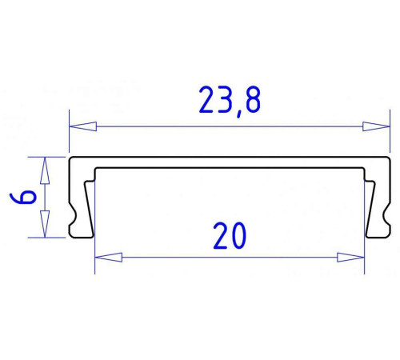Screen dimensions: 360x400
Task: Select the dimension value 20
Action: tap(230, 236)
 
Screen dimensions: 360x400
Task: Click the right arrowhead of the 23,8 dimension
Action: tap(375, 126)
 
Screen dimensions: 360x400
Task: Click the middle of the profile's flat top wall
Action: tap(229, 162)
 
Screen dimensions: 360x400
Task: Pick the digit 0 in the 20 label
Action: tap(241, 236)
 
